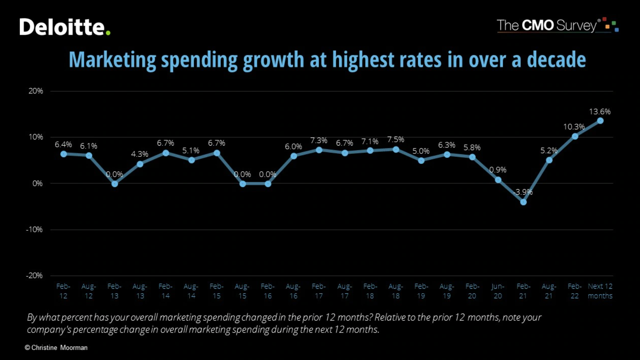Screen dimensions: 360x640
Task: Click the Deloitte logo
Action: click(65, 27)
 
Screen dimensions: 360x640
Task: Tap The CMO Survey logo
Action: click(557, 25)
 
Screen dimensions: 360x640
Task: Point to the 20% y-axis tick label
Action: click(36, 91)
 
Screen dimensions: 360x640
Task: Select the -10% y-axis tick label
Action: click(34, 229)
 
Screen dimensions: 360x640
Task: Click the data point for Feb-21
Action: click(523, 202)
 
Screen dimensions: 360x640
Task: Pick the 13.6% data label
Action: click(600, 112)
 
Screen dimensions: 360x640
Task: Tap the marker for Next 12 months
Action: click(600, 121)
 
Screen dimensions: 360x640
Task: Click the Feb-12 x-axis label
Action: click(63, 291)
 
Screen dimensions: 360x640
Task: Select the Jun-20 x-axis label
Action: click(498, 291)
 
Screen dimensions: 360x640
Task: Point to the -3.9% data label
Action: click(523, 192)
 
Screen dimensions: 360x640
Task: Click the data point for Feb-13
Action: click(115, 184)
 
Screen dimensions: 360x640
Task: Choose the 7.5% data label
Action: click(396, 139)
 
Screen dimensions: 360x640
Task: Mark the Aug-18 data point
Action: click(396, 149)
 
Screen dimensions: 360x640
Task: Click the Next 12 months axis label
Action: click(600, 291)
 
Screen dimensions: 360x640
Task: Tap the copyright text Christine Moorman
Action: click(56, 348)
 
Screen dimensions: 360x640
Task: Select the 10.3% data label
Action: click(574, 126)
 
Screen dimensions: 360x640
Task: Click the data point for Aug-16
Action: click(293, 156)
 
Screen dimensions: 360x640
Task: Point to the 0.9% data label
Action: click(498, 170)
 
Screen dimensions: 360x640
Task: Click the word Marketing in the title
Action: click(112, 60)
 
